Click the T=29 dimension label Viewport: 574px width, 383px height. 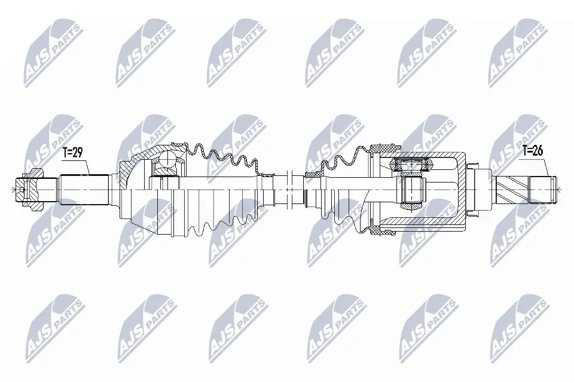(72, 153)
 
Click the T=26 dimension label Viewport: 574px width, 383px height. (533, 151)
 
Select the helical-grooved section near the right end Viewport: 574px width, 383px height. (510, 190)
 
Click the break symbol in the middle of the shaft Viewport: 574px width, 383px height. (288, 190)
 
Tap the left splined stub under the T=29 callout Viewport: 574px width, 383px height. (85, 190)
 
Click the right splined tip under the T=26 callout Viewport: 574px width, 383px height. (542, 190)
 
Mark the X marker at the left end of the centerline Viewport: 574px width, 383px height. (13, 190)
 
